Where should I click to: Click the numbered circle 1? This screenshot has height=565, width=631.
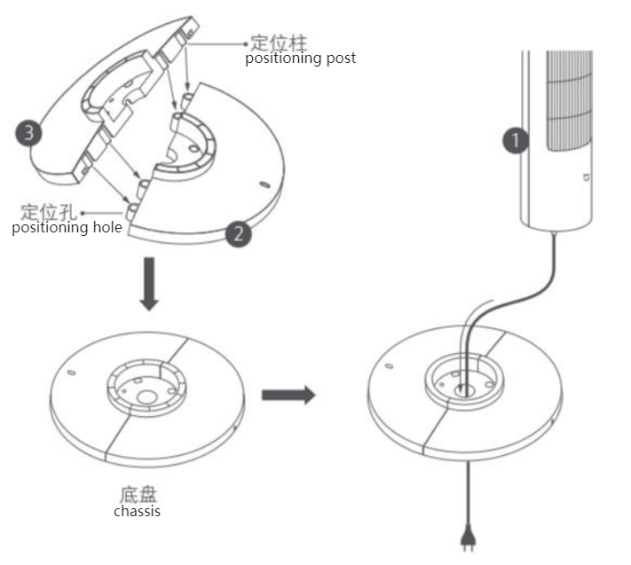coord(516,140)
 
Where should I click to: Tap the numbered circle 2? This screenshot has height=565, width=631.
coord(238,234)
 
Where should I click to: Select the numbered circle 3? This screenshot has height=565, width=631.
coord(29,134)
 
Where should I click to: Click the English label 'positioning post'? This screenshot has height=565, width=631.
coord(300,59)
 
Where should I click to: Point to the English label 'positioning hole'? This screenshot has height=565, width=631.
coord(67,228)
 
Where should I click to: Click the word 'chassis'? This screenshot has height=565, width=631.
coord(137,511)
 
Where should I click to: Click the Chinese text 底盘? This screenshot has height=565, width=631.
coord(137,494)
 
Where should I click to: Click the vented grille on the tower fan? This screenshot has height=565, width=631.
coord(568,106)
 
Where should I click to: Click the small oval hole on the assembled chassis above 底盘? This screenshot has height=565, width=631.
coord(72,371)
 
